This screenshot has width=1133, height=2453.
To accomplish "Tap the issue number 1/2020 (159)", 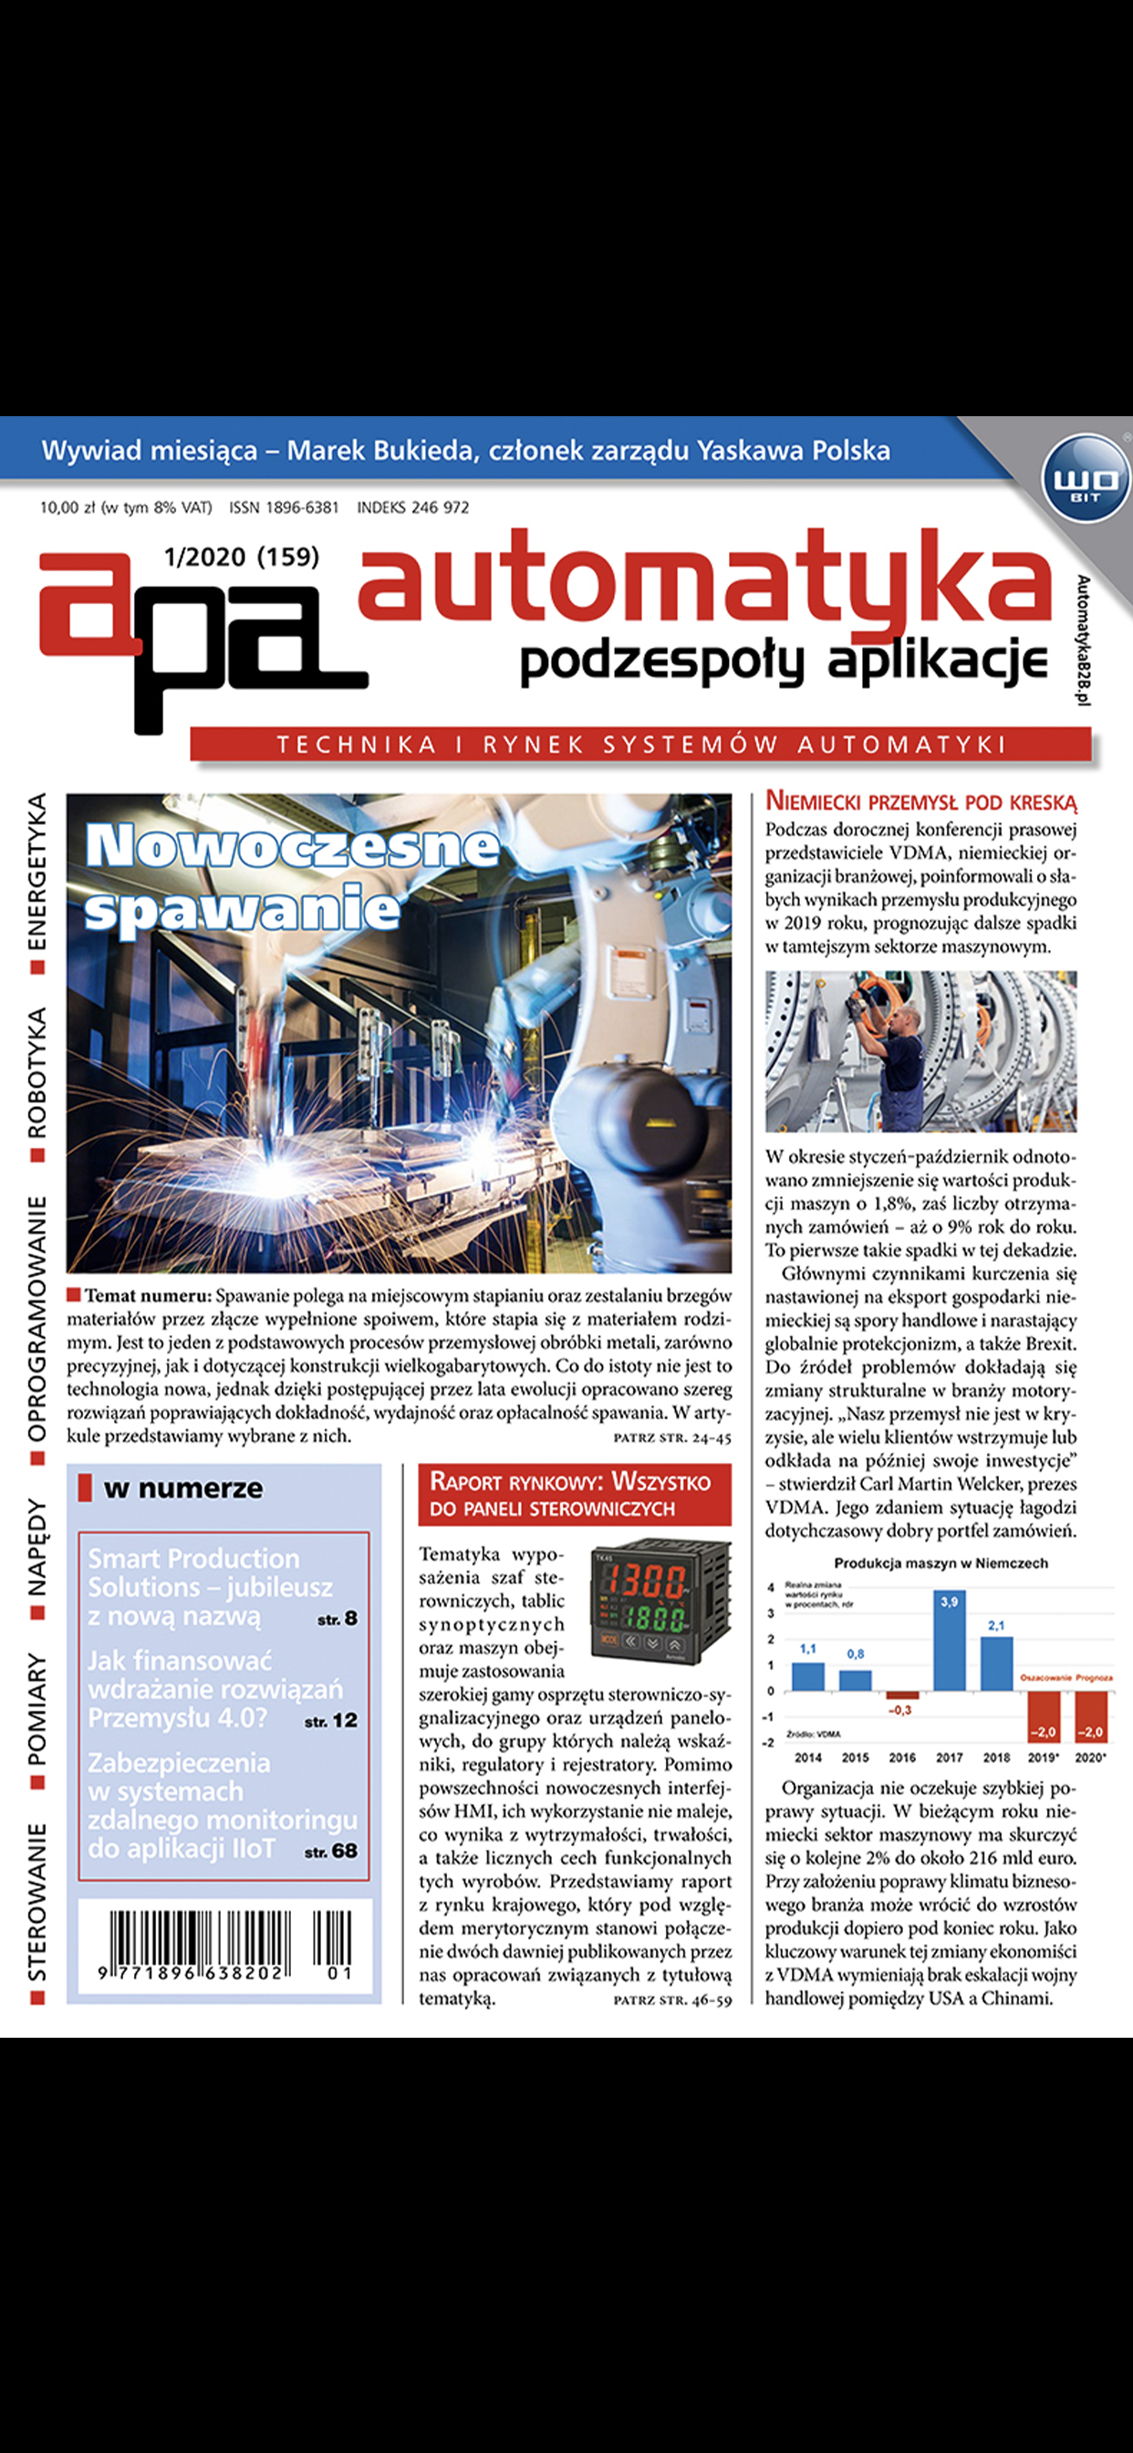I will pos(242,556).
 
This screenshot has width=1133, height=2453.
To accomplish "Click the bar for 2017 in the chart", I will pos(950,1640).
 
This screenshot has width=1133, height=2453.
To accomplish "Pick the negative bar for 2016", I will pos(901,1696).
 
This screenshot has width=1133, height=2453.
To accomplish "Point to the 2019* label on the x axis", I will pos(1044,1758).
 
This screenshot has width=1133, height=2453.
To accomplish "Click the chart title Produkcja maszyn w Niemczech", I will pos(941,1562).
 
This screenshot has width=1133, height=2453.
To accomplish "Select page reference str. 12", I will pos(331,1722).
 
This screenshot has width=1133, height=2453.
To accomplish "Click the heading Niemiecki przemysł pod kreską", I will pos(920,801).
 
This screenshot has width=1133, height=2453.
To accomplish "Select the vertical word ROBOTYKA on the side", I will pos(37,1074).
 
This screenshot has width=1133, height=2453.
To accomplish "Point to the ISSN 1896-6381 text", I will pos(284,507).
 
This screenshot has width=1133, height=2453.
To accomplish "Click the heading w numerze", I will pos(182,1488).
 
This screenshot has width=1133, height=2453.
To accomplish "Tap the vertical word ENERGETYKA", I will pos(37,872).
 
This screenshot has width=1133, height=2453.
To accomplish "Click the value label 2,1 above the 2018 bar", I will pos(996,1624).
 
